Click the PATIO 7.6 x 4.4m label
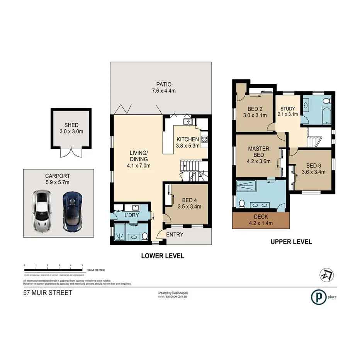(x=164, y=87)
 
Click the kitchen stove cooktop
(x=204, y=140)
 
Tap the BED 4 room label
(x=189, y=203)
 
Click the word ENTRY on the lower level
(x=175, y=234)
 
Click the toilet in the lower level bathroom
(x=144, y=235)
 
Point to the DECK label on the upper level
(x=261, y=220)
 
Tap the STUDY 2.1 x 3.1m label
(x=288, y=111)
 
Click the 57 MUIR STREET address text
(x=48, y=293)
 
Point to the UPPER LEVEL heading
(x=291, y=242)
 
